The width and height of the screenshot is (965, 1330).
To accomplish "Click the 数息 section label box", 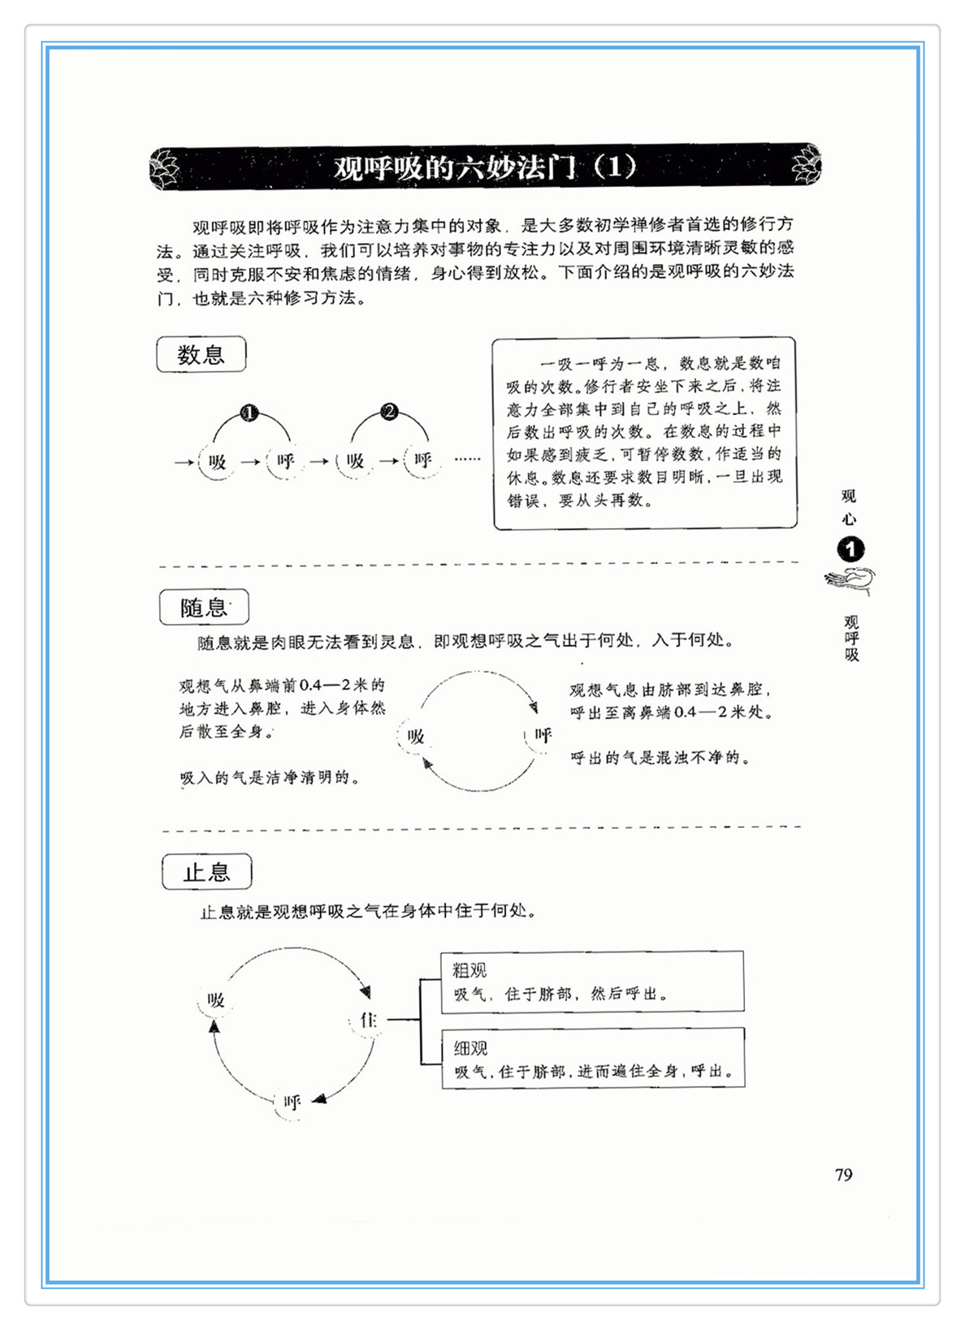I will coord(201,355).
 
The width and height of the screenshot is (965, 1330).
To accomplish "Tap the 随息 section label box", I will coord(204,607).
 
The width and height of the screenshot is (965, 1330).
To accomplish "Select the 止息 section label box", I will coord(206,873).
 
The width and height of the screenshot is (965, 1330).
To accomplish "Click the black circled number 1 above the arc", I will coord(249,413).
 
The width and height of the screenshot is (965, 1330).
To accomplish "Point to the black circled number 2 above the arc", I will coord(389,412).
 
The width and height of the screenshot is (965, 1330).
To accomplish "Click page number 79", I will coord(843,1175).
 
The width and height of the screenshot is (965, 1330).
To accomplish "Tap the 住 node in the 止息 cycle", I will coord(368,1020).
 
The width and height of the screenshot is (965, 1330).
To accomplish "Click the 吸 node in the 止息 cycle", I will coord(215,1000).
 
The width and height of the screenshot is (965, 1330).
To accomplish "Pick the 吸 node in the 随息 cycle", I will coord(416,737).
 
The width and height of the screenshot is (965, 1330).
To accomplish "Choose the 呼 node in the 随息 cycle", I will coord(543,736).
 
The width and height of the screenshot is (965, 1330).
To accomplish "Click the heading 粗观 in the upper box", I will coord(470,970).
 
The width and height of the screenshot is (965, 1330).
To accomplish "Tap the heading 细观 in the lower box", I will coord(470,1048).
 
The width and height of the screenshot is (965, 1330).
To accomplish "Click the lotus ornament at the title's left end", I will coord(166,167).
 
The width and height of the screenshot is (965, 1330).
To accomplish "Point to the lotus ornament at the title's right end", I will coord(807,164).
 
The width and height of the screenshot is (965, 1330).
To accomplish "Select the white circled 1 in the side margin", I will coord(850,550).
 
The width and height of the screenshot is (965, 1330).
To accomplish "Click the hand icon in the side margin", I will coord(850,581).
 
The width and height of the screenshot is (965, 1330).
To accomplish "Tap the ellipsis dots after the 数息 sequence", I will coord(467,460).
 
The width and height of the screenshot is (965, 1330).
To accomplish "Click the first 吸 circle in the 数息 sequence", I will coord(217,461).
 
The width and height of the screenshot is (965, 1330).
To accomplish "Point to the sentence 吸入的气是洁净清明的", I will coord(270,778).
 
